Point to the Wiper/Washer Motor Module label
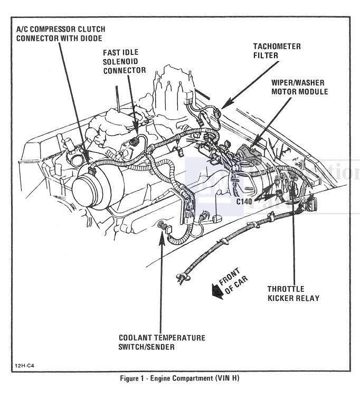[299, 87]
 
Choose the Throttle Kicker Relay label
[293, 293]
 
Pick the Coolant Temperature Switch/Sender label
[162, 342]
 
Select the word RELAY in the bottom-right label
[306, 298]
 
